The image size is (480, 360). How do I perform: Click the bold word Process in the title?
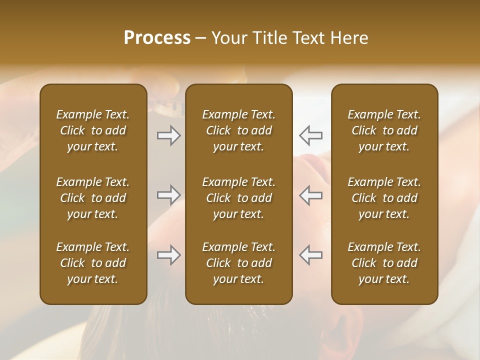(x=157, y=38)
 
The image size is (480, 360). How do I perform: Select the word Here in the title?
(x=349, y=38)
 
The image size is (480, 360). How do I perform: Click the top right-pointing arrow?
(x=168, y=135)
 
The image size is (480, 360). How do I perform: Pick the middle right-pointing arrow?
(x=168, y=195)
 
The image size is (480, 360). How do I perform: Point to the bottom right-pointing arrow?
(x=168, y=255)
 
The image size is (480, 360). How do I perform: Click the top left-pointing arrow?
(x=310, y=135)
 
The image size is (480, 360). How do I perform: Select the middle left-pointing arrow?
(x=310, y=195)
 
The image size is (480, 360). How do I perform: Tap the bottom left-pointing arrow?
(x=310, y=255)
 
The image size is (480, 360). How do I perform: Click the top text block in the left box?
(x=93, y=130)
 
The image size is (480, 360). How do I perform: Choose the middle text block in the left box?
(x=93, y=198)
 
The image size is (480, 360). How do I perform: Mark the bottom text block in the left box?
(x=93, y=263)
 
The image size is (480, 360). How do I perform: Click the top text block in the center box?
(x=238, y=130)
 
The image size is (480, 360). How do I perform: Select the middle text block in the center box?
(x=238, y=198)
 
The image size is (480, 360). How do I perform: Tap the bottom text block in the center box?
(x=238, y=263)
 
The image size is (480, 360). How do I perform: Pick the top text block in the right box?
(x=384, y=130)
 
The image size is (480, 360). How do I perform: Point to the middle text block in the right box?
(x=384, y=198)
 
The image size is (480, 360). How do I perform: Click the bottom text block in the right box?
(x=384, y=263)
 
